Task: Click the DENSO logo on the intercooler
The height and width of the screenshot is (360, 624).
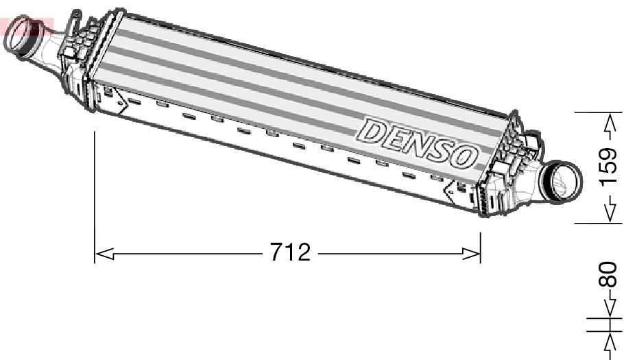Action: coord(418,143)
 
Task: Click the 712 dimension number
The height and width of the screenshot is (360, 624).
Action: coord(290,253)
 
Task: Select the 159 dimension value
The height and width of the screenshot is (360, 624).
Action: coord(609,167)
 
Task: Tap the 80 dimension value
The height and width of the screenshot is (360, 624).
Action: coord(608,275)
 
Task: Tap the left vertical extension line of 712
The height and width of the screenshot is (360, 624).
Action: coord(95,199)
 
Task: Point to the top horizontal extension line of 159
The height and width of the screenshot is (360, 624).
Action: coord(593,112)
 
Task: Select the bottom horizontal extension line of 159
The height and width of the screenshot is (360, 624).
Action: coord(593,223)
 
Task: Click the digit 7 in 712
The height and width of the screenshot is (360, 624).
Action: coord(276,253)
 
